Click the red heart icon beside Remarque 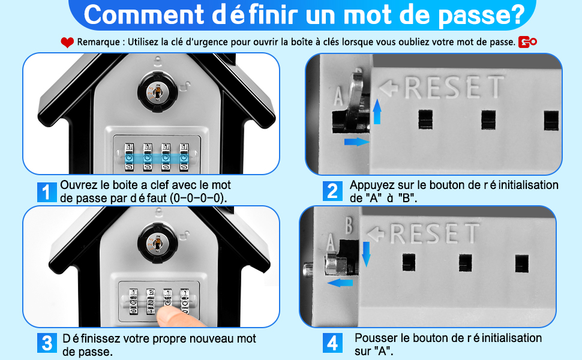pos(67,43)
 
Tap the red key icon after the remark pos(527,42)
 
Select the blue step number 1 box pos(47,192)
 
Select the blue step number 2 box pos(332,191)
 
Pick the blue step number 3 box pos(47,343)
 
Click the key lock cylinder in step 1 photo pos(157,91)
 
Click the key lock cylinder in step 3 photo pos(157,243)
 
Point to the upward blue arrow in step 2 pos(377,112)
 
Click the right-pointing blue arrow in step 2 pos(356,142)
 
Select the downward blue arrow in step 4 pos(367,254)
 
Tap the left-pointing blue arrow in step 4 pos(340,283)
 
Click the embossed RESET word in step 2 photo pos(454,87)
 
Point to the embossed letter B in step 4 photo pos(349,225)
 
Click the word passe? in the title pos(481,15)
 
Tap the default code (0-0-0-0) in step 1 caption pos(199,198)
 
